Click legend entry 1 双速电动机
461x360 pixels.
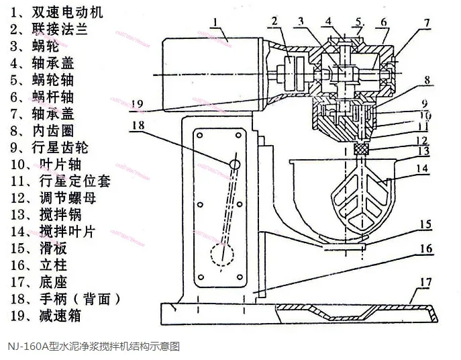(50, 12)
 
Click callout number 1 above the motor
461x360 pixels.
(215, 23)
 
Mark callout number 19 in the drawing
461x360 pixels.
(138, 104)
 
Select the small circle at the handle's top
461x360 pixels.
(234, 164)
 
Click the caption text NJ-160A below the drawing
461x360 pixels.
(94, 347)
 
